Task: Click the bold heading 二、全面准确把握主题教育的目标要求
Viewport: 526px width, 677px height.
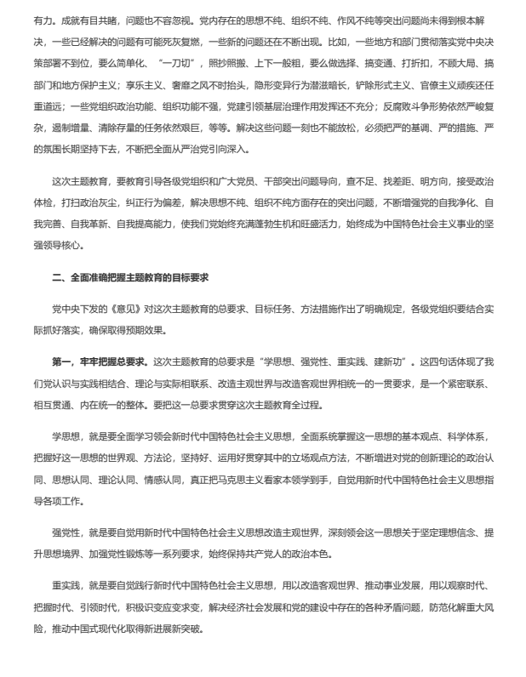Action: (130, 278)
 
